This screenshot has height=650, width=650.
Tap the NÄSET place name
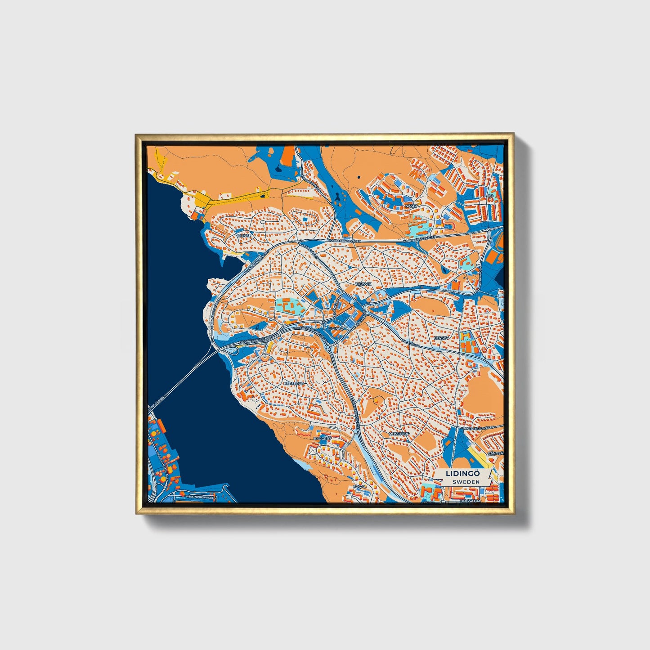point(411,206)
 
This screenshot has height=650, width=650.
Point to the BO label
point(490,196)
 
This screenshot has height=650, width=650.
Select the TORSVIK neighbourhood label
point(363,284)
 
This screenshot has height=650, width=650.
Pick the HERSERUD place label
point(294,383)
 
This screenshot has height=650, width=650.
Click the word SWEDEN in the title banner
point(466,481)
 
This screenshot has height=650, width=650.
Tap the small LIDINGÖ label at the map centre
point(336,328)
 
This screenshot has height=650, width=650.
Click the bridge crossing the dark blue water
point(184,378)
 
